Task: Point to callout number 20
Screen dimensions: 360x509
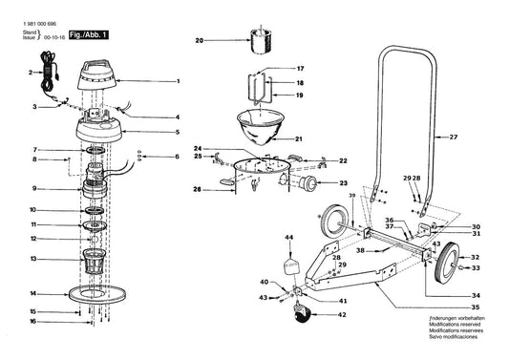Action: pyautogui.click(x=200, y=41)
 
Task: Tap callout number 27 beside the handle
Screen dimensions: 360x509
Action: pyautogui.click(x=454, y=138)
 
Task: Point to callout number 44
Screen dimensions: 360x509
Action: pyautogui.click(x=288, y=237)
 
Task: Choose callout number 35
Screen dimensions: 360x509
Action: pyautogui.click(x=476, y=308)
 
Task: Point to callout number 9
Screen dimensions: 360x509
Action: pyautogui.click(x=32, y=188)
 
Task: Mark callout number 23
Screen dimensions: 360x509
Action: pyautogui.click(x=344, y=183)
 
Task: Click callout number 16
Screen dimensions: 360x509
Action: pyautogui.click(x=32, y=323)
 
